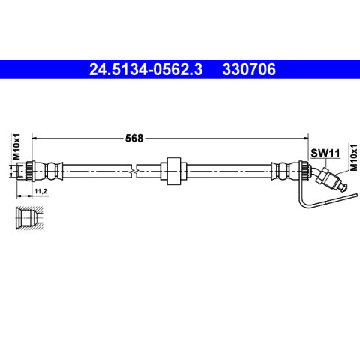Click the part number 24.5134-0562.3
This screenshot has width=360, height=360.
tap(145, 69)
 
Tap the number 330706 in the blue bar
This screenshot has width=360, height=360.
tap(249, 69)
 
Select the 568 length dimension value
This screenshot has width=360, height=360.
tap(134, 138)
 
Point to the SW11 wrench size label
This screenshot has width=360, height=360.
tap(325, 153)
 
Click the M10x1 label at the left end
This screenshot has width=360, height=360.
tap(16, 147)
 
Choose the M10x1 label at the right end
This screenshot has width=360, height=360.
tap(354, 157)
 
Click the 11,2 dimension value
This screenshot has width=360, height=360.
tap(40, 191)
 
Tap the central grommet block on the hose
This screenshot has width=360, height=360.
tap(174, 171)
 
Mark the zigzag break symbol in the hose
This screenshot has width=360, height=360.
tap(134, 171)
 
